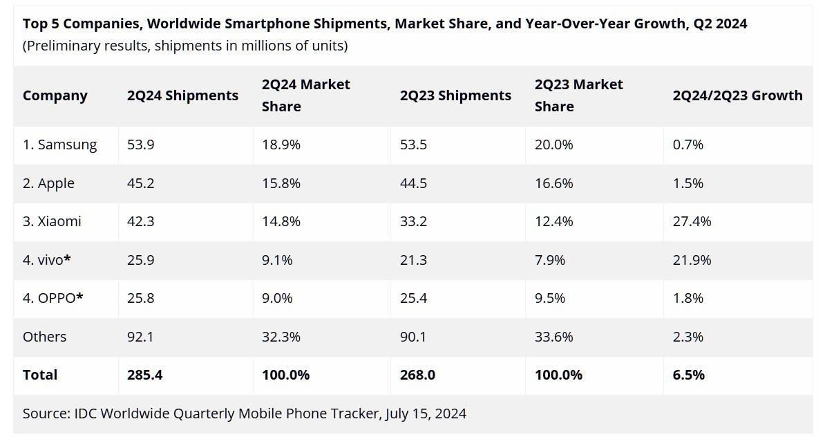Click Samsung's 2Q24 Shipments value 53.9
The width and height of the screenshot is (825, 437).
(141, 145)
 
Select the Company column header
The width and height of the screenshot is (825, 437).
(55, 95)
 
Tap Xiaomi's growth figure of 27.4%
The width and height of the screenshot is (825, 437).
(692, 221)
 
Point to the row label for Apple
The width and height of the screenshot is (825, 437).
(48, 183)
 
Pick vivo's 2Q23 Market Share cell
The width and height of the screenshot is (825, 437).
(550, 260)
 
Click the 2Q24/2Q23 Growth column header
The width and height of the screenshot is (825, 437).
(737, 95)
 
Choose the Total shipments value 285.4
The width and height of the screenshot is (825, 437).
(144, 375)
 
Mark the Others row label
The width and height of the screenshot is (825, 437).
(45, 337)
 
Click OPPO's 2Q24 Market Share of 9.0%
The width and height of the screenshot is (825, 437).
(277, 298)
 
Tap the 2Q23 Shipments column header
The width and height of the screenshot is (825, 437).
(455, 95)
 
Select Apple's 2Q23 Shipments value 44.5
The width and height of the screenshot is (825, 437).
(413, 183)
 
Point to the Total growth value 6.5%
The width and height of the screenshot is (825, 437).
(688, 375)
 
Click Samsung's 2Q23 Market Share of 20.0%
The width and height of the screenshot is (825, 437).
(554, 145)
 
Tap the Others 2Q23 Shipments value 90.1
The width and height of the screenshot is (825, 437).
(413, 337)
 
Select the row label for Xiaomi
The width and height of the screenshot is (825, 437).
(52, 221)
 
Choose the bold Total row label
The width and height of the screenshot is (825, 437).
(40, 375)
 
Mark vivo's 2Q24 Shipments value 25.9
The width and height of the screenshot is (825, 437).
(141, 260)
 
